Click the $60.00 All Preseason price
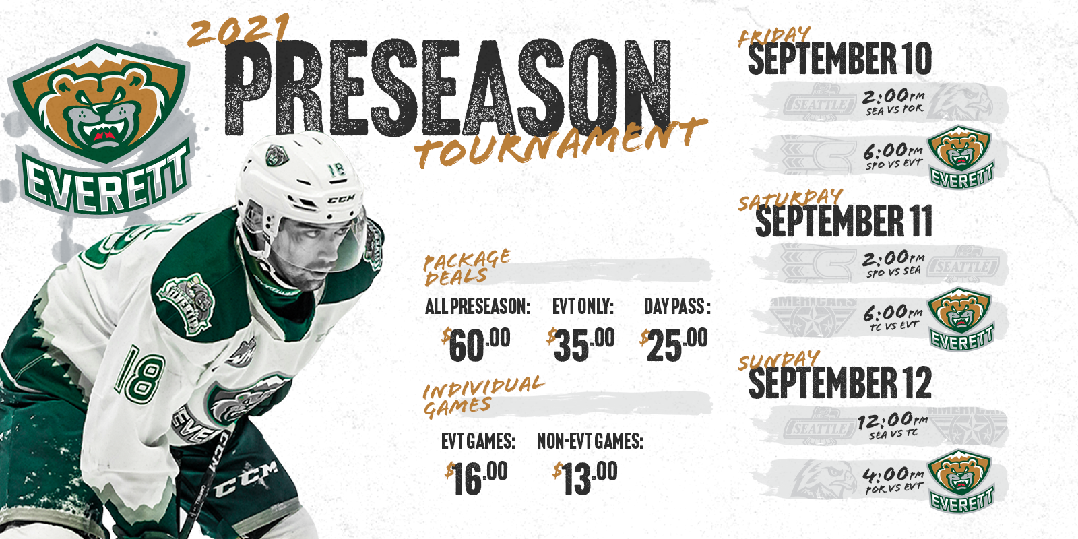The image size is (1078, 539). click(476, 344)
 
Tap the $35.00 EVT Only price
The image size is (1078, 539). click(580, 344)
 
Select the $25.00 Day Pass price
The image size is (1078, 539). click(674, 344)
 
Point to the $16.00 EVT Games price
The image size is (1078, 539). click(476, 478)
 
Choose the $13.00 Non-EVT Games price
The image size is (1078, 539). click(585, 478)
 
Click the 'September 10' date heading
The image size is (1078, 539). click(839, 59)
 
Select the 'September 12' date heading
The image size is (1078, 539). click(840, 382)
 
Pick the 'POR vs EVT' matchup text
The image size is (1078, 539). click(893, 488)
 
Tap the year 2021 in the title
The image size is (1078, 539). click(239, 30)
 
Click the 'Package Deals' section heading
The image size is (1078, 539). click(466, 267)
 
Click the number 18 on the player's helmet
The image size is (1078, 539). click(336, 169)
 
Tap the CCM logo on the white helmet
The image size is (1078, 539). click(341, 198)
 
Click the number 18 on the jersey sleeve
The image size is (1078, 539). click(139, 377)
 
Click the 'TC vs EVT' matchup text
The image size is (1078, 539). click(894, 326)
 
